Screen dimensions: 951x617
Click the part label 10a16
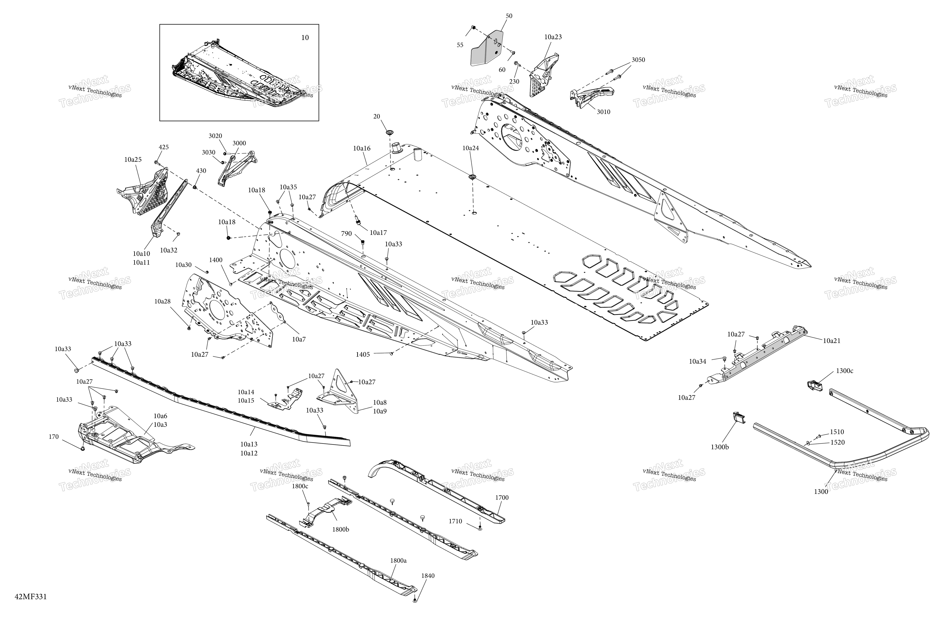[x=362, y=148]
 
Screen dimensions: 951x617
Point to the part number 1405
[x=363, y=354]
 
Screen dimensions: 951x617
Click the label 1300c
[x=844, y=371]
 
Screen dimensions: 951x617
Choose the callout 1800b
[x=340, y=529]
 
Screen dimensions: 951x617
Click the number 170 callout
[x=53, y=437]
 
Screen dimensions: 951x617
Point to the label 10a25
[x=133, y=159]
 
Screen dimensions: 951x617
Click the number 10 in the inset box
[x=305, y=38]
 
